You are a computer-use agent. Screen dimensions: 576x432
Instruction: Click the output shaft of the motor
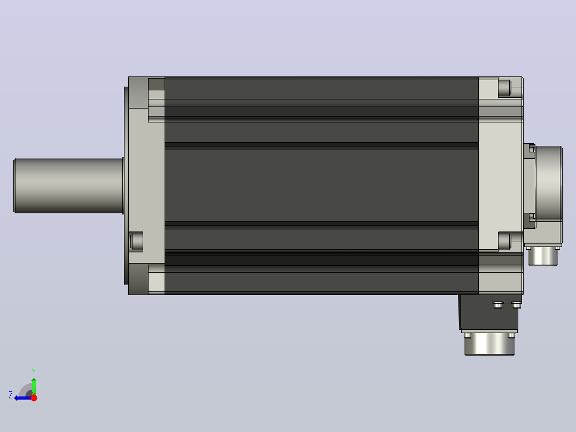[69, 186]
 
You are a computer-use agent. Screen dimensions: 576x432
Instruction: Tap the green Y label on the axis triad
[34, 372]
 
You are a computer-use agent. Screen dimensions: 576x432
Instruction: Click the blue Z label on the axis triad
[11, 395]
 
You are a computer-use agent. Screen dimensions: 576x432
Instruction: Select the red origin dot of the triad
[34, 398]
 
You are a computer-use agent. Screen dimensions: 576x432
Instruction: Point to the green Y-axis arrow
[34, 387]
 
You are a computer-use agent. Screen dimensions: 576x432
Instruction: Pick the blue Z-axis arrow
[23, 398]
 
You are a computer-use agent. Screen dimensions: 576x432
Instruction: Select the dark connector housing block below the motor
[488, 313]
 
